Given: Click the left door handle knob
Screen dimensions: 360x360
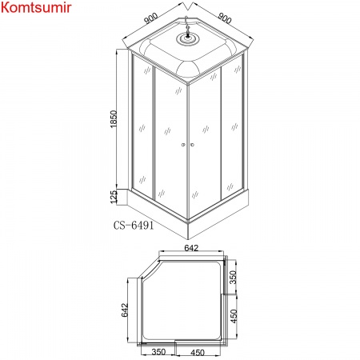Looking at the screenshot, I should click(183, 145).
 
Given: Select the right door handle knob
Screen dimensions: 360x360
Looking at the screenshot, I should click(191, 145).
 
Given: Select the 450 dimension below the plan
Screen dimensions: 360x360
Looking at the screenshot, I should click(198, 353).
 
